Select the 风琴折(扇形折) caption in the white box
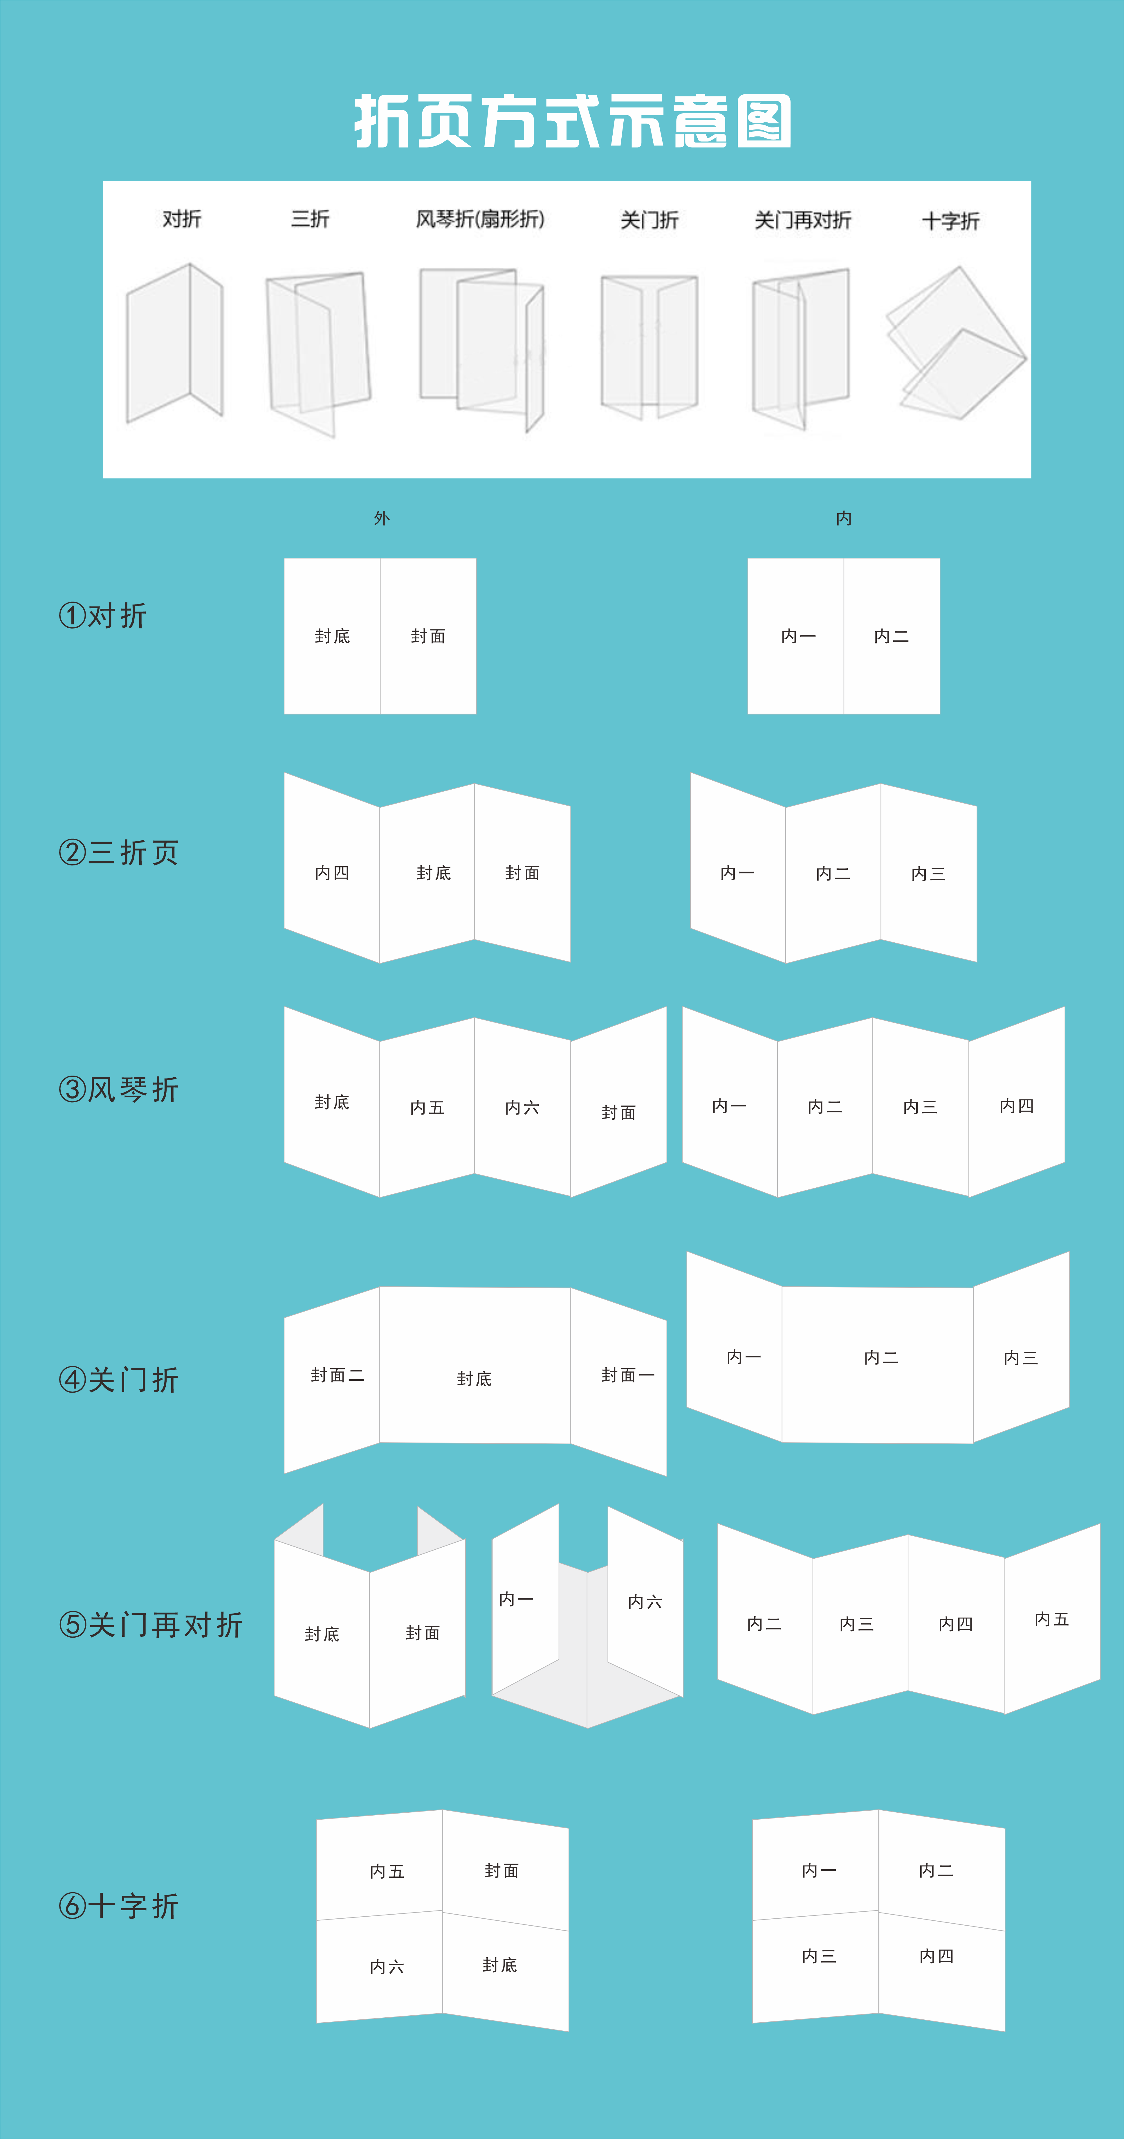tap(480, 219)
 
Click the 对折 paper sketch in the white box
tap(174, 343)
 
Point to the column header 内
tap(843, 518)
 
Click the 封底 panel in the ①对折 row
tap(332, 636)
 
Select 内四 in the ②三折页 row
tap(332, 873)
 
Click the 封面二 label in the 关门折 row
tap(337, 1375)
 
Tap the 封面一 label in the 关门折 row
tap(627, 1375)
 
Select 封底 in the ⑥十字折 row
tap(500, 1965)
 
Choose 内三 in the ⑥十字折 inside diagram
tap(818, 1956)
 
